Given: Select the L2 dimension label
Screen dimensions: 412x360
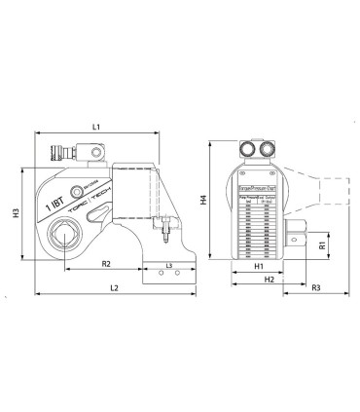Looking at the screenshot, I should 115,288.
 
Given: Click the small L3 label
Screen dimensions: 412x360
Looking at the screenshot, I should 169,265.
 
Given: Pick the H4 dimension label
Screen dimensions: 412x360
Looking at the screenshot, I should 203,200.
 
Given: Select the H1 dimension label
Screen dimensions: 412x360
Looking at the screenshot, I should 259,266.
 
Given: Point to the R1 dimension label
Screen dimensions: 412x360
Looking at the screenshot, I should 321,244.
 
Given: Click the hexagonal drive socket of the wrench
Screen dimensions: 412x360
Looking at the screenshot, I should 67,236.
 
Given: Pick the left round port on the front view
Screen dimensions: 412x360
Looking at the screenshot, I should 246,150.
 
